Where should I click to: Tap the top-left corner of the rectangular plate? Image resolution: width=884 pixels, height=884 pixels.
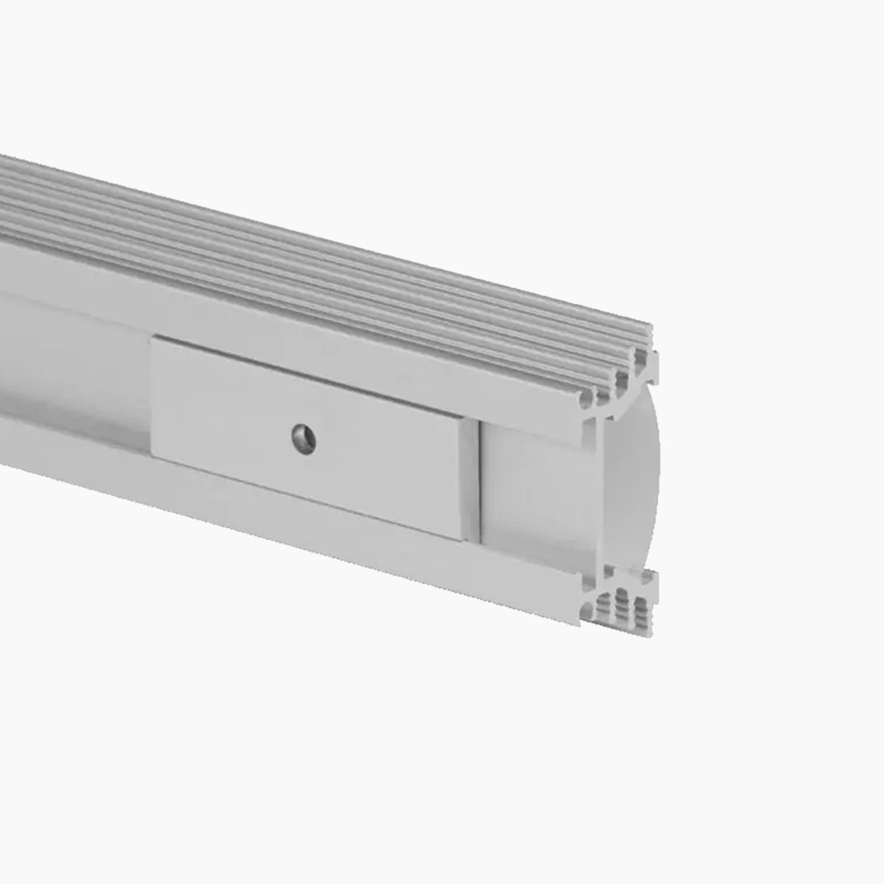click(x=152, y=338)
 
